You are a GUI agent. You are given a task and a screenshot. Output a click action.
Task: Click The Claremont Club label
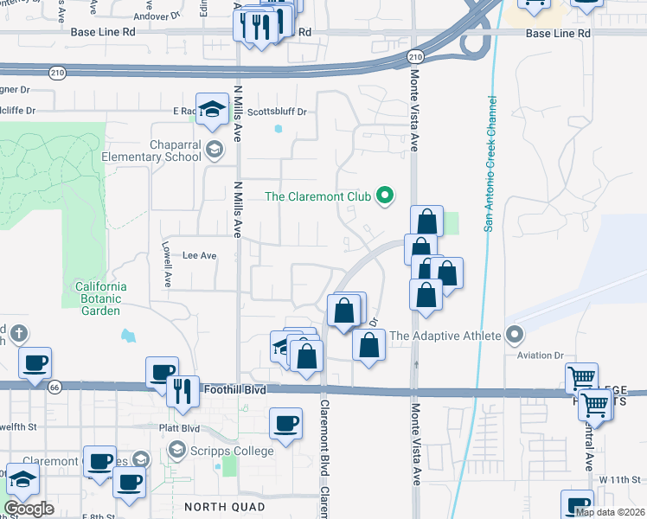tap(317, 196)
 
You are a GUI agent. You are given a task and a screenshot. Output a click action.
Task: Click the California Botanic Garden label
tap(101, 298)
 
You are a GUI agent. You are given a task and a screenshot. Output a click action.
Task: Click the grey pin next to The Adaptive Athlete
tap(515, 334)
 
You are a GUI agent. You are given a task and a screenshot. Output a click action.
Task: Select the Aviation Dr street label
tap(540, 356)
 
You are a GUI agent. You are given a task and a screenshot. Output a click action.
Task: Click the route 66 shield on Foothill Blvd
tap(54, 386)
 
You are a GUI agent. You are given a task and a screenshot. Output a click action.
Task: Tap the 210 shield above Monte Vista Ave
tap(415, 57)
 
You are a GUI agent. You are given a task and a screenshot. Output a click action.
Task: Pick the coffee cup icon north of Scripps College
tap(285, 422)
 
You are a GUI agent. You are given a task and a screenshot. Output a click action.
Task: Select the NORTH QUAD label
tap(218, 504)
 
